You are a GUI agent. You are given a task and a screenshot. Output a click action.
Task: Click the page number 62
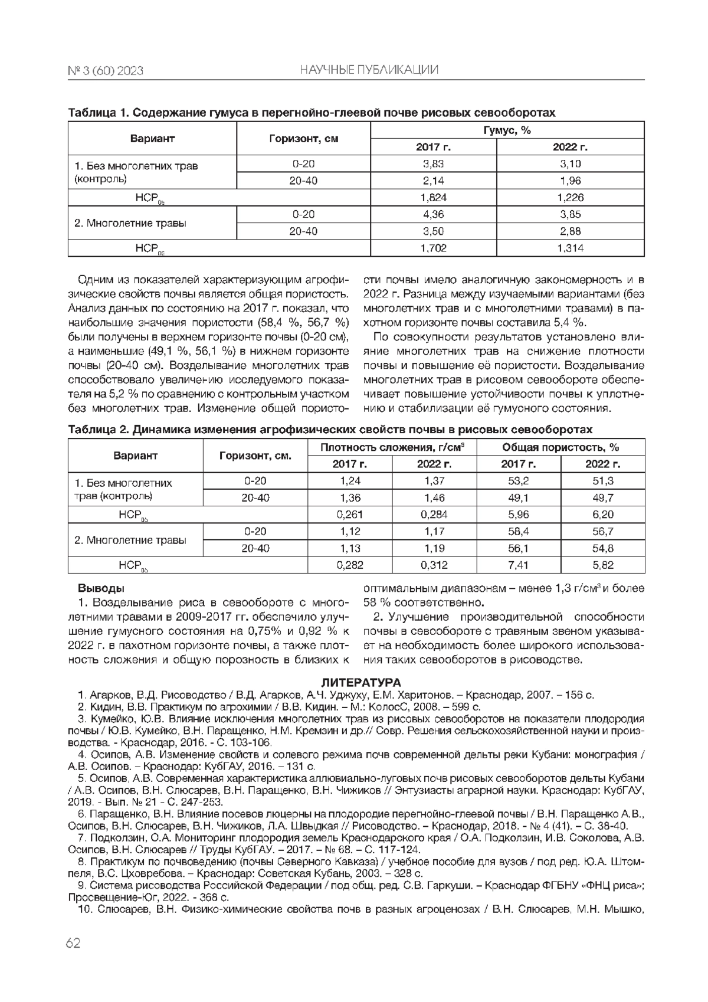click(73, 942)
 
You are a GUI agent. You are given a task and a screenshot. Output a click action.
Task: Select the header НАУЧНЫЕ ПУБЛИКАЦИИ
click(369, 71)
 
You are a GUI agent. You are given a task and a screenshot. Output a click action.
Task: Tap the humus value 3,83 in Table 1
click(433, 164)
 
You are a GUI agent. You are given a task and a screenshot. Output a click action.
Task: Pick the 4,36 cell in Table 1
click(433, 214)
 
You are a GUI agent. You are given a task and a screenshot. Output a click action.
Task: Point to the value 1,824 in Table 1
click(433, 198)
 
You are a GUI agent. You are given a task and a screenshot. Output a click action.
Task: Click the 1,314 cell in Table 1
click(570, 248)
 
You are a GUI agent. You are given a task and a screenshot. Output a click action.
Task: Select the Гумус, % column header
click(507, 130)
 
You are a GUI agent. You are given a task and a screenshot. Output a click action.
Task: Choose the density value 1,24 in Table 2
click(350, 481)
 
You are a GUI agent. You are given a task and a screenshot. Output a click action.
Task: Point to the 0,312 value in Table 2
click(434, 565)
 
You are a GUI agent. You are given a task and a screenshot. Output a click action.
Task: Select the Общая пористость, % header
click(560, 447)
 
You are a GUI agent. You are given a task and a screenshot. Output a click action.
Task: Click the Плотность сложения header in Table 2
click(392, 447)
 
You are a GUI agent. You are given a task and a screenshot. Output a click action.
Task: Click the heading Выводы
click(101, 588)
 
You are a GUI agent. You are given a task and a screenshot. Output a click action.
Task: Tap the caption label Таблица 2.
click(98, 430)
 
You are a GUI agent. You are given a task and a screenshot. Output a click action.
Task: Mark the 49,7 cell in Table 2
click(602, 497)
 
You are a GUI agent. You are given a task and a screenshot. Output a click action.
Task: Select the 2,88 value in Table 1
click(570, 231)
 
